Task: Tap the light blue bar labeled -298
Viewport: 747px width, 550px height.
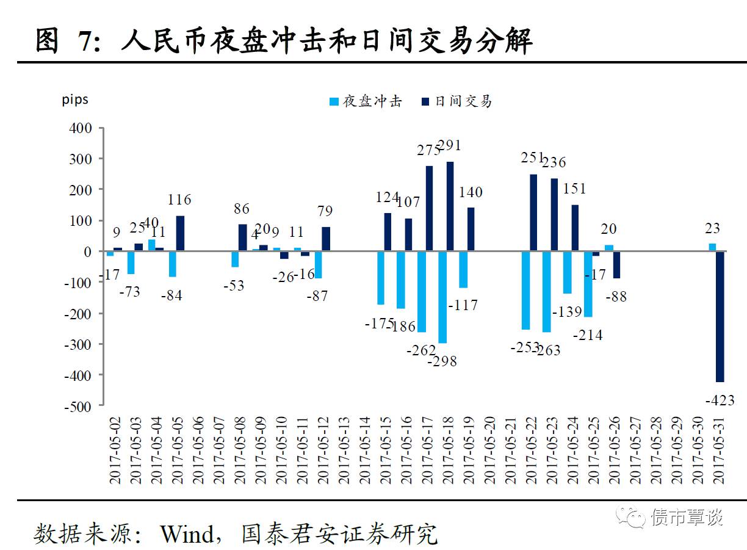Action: click(442, 297)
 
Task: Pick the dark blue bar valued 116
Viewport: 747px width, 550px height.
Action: click(180, 233)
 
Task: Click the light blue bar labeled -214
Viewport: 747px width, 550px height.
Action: click(588, 284)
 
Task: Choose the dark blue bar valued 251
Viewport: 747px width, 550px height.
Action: click(533, 212)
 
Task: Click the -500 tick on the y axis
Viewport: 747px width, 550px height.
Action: click(78, 406)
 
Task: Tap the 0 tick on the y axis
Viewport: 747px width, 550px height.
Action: click(87, 251)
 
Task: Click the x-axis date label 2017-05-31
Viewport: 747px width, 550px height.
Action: click(720, 451)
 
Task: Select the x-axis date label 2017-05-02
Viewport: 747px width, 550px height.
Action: click(115, 451)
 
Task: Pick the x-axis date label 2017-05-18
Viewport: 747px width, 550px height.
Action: click(448, 451)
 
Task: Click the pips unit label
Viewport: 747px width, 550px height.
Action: click(75, 100)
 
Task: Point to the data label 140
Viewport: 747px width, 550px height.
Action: click(470, 192)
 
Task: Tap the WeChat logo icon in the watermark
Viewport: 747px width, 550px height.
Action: click(630, 518)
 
